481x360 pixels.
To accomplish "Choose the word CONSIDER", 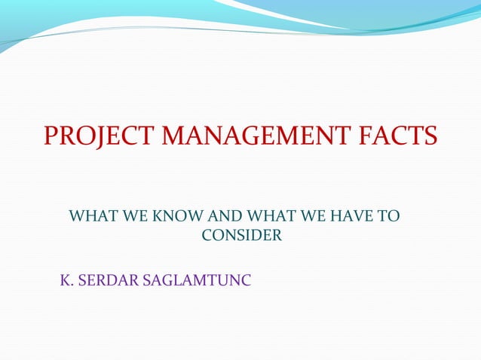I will coord(242,236).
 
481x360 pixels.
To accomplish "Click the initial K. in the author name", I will coord(66,282).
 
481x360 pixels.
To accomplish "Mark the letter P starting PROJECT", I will coord(51,137).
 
